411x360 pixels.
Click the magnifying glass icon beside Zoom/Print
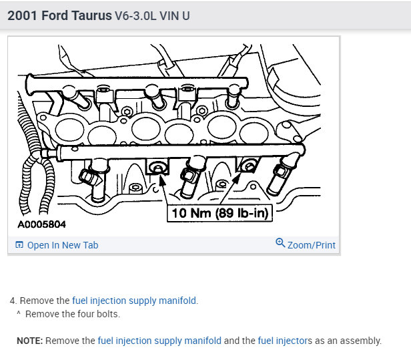pos(280,242)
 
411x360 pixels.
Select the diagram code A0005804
pos(41,224)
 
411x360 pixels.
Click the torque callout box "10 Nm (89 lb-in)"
pos(220,213)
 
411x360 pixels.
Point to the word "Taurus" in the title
pos(91,15)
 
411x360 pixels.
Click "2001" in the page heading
pos(22,15)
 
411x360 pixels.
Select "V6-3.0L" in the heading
pos(135,16)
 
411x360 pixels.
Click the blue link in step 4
pos(134,301)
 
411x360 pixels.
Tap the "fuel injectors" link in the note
pos(285,341)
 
